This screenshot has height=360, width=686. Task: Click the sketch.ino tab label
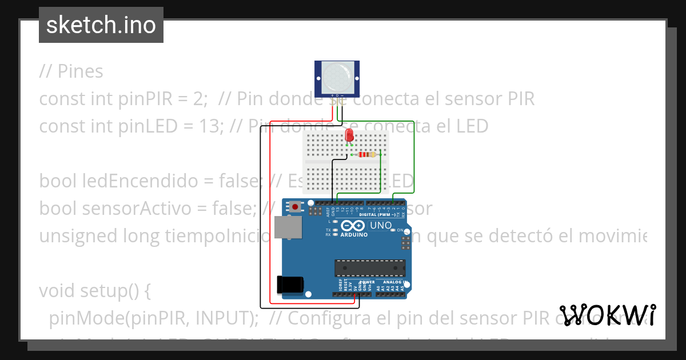pyautogui.click(x=101, y=25)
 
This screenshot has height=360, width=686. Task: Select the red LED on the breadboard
pyautogui.click(x=349, y=135)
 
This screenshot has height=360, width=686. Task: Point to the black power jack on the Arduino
pyautogui.click(x=289, y=285)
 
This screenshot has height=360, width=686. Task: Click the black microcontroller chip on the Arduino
pyautogui.click(x=370, y=267)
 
